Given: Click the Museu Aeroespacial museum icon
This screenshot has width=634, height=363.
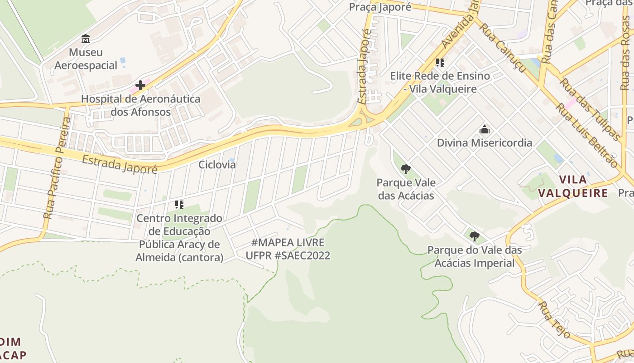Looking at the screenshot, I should click(x=86, y=39).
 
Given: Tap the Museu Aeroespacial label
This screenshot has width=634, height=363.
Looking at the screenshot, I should click(x=86, y=59).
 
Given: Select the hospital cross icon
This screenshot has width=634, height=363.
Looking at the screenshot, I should click(x=140, y=85).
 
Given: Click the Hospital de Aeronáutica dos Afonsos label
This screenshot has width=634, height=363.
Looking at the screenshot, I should click(x=140, y=105).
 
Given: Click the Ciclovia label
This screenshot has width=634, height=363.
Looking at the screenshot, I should click(x=217, y=165).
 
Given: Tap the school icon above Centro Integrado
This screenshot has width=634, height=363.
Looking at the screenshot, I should click(x=179, y=205).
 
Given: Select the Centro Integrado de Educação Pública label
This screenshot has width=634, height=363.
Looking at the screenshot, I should click(x=179, y=238).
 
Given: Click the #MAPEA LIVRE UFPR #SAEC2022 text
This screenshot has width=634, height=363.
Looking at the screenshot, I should click(x=288, y=249).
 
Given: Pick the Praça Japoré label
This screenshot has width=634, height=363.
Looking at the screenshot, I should click(x=380, y=7).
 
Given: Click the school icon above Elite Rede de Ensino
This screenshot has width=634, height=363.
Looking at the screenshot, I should click(x=440, y=63).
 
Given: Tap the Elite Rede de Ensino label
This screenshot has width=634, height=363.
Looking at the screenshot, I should click(x=440, y=82).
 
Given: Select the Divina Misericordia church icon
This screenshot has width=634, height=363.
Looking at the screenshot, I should click(x=485, y=130).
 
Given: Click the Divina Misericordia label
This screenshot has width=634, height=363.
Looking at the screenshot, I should click(x=485, y=143).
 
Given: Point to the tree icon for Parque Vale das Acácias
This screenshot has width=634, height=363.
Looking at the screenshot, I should click(x=406, y=169).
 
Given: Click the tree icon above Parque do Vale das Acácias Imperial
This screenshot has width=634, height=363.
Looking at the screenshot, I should click(x=474, y=236).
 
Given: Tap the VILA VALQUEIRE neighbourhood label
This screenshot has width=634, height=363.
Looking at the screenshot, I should click(x=572, y=186).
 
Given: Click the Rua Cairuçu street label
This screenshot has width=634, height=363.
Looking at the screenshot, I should click(x=503, y=48).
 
